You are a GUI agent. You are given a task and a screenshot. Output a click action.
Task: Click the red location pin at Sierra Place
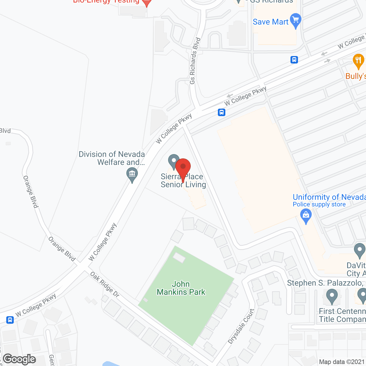click(183, 167)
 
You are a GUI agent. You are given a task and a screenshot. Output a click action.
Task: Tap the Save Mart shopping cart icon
click(296, 20)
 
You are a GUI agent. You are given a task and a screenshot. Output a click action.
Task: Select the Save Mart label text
click(270, 22)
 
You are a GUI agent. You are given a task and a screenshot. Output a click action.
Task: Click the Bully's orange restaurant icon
click(358, 61)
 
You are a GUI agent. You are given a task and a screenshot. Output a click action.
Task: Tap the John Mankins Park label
click(181, 288)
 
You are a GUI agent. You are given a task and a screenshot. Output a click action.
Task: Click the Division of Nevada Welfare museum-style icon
click(132, 174)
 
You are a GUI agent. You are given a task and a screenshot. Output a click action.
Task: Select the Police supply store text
click(319, 204)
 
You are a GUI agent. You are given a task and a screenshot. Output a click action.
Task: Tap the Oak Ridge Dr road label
click(105, 285)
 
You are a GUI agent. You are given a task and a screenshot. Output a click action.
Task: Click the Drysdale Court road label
click(241, 326)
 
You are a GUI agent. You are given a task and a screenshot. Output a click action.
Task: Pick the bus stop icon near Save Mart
click(294, 60)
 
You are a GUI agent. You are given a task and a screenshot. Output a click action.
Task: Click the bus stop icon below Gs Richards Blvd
click(222, 112)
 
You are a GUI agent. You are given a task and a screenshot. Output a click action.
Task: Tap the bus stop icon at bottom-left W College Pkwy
click(10, 320)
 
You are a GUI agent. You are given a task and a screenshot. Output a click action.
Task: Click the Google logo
click(19, 359)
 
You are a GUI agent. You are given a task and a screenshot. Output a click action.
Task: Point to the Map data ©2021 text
click(342, 362)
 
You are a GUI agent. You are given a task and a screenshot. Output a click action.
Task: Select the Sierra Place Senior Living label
click(183, 181)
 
